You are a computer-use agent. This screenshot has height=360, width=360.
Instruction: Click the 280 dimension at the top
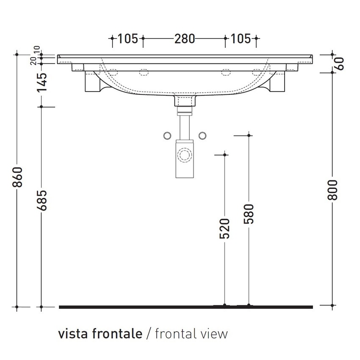coord(184,39)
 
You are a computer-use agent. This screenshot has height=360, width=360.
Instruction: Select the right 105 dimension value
coord(241,39)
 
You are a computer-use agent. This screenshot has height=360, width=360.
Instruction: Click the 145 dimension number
coord(42,83)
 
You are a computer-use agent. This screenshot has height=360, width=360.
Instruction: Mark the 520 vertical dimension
coord(225,229)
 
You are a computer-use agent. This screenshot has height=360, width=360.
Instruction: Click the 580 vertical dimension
coord(249,214)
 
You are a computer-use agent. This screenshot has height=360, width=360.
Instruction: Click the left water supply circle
coord(168,136)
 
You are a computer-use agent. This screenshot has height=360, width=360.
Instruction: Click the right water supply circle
coord(202,136)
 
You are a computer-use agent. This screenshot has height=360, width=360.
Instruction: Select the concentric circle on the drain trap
coord(185,155)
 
